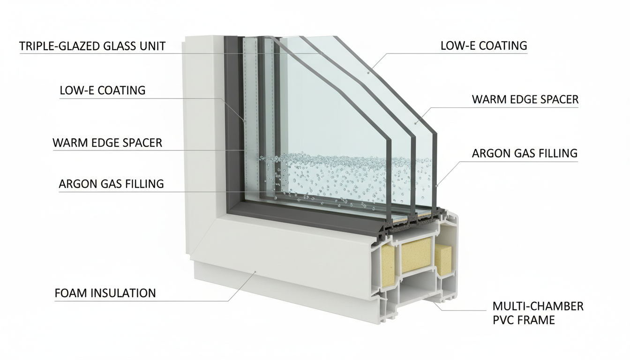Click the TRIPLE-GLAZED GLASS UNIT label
[x=92, y=46]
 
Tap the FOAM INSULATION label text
[x=105, y=293]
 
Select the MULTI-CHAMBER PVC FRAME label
[x=538, y=313]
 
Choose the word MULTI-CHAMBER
[x=538, y=307]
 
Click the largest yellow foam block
[x=414, y=255]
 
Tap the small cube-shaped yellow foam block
[x=443, y=260]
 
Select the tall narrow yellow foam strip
[x=389, y=268]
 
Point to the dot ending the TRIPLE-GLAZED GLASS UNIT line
[x=318, y=53]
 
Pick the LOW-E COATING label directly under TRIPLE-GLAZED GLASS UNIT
[x=102, y=90]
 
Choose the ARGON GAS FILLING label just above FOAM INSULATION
[x=111, y=184]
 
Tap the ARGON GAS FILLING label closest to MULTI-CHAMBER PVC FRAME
[x=525, y=153]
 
